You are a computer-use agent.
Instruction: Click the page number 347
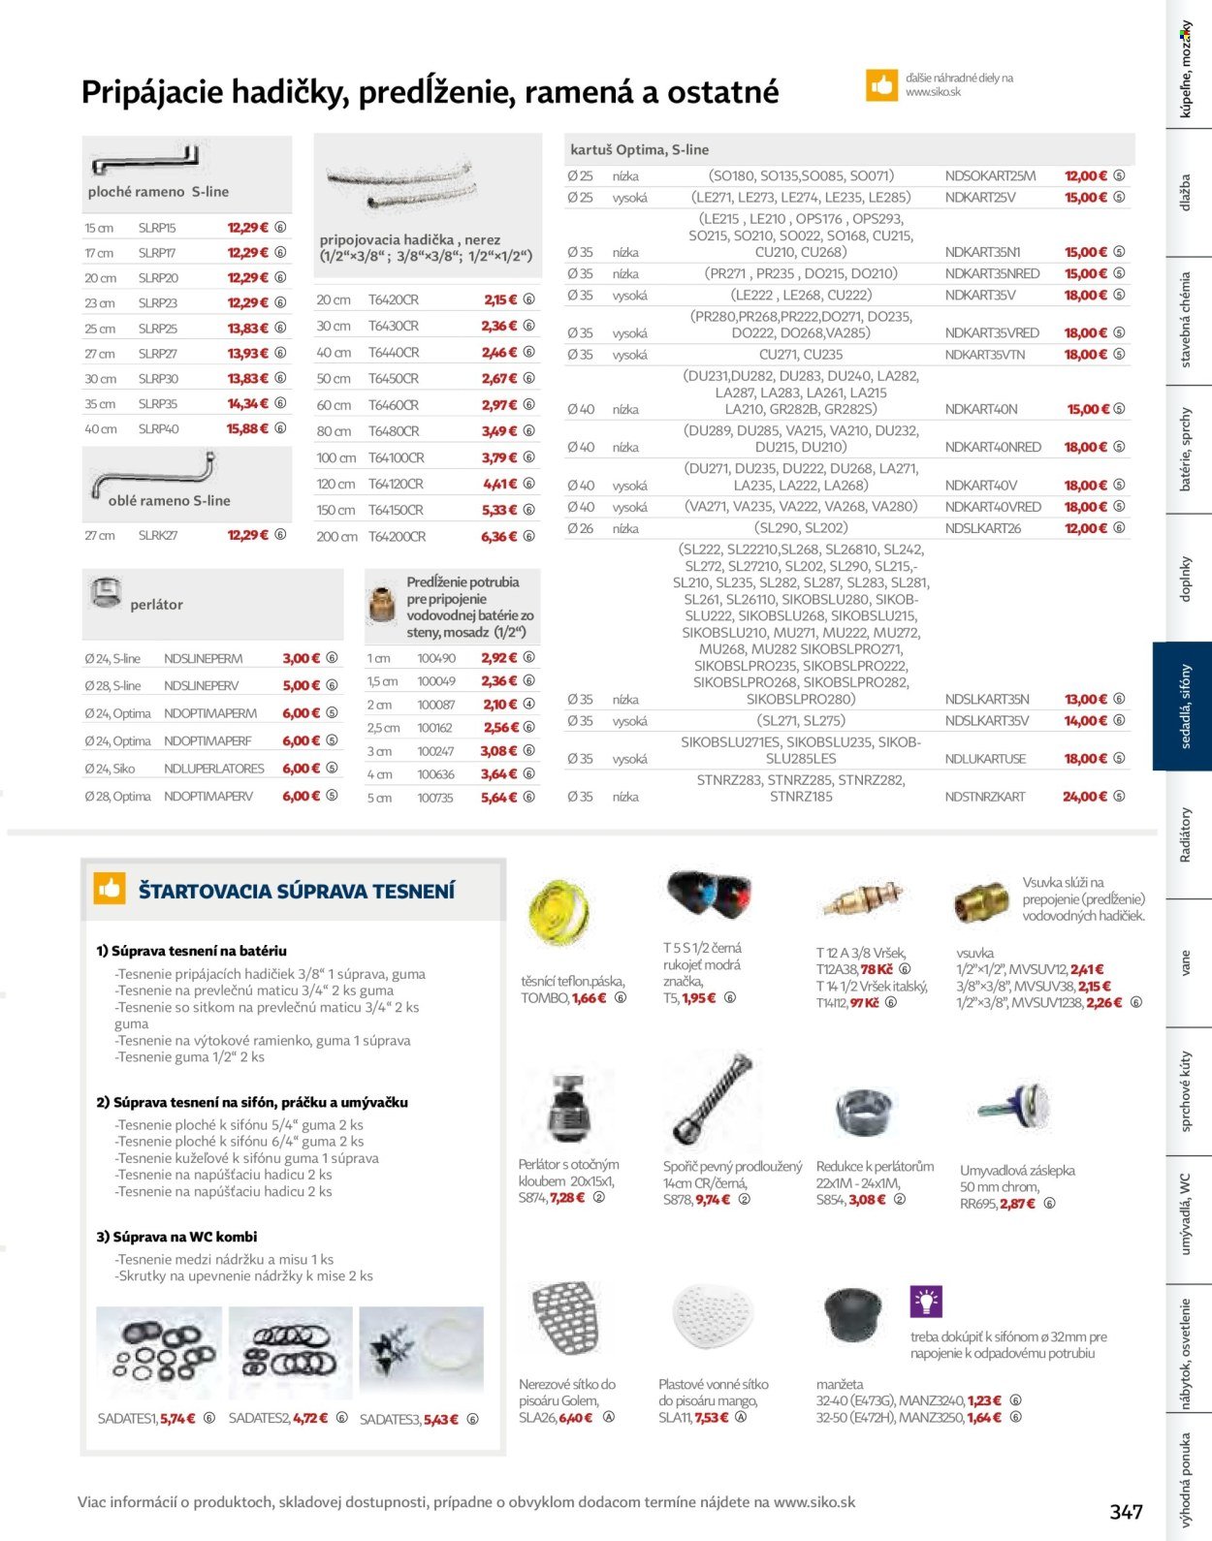point(1126,1512)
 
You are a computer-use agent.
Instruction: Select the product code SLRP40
point(158,428)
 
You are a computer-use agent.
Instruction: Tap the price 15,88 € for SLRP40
point(248,428)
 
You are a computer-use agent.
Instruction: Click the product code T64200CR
point(397,536)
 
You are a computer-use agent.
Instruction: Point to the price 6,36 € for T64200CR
point(499,536)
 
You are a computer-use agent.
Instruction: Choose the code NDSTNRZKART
point(984,797)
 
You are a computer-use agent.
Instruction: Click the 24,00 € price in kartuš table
point(1084,797)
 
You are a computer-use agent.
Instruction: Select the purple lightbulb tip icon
point(926,1302)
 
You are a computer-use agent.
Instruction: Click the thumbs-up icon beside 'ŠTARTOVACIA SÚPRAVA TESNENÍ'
point(110,888)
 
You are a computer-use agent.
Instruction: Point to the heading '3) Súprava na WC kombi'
point(176,1237)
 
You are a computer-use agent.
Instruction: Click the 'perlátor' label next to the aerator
point(156,605)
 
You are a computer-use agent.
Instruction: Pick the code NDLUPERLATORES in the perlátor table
point(214,769)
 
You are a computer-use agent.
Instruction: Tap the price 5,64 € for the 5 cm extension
point(499,798)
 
